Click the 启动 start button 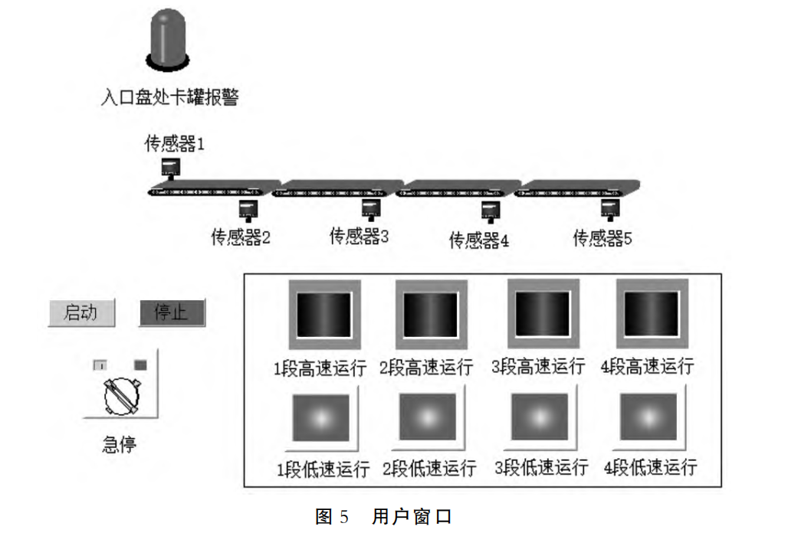pyautogui.click(x=81, y=312)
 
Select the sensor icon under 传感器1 pyautogui.click(x=170, y=167)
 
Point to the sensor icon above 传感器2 pyautogui.click(x=247, y=208)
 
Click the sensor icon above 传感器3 pyautogui.click(x=372, y=208)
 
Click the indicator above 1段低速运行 pyautogui.click(x=320, y=417)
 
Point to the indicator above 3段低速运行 pyautogui.click(x=541, y=417)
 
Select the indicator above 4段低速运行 pyautogui.click(x=648, y=417)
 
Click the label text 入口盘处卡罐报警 pyautogui.click(x=169, y=97)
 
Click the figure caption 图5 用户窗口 pyautogui.click(x=383, y=516)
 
